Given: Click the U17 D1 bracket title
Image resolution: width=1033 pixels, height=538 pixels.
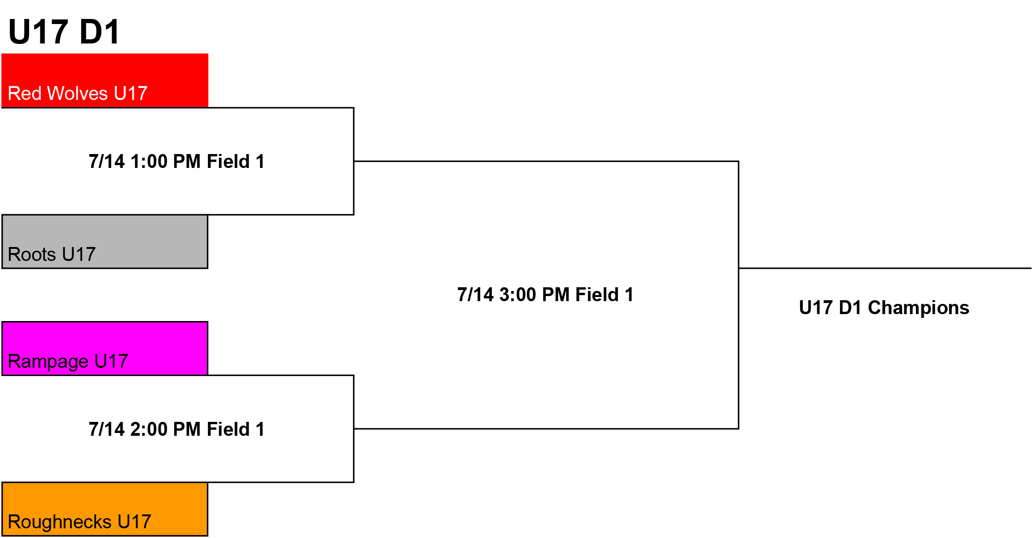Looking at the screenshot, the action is (x=64, y=32).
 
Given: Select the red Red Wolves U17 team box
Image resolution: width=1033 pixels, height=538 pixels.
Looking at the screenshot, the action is (x=105, y=80).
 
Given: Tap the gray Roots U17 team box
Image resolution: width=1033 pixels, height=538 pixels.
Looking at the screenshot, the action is (x=105, y=241).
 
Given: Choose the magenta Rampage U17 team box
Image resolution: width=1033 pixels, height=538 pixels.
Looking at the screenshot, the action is (x=105, y=348).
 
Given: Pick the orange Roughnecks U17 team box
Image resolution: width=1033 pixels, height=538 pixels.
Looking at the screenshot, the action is (x=105, y=509).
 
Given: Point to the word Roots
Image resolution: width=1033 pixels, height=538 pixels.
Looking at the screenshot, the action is (x=32, y=254).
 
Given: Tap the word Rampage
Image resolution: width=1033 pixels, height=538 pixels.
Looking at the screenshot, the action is (x=48, y=362).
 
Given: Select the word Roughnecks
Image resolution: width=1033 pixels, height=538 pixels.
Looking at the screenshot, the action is (x=60, y=522).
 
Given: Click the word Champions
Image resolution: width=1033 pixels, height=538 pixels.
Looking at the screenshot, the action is (x=919, y=308).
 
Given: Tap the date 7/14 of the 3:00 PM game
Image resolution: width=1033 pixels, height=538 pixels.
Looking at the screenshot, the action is (x=476, y=295).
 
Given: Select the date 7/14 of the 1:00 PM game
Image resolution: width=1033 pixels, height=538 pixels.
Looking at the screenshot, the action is (x=107, y=161).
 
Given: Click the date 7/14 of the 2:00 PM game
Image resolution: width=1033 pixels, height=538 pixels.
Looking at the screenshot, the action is (x=107, y=429).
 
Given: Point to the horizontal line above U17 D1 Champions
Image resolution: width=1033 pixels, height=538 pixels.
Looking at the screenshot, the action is (x=885, y=268).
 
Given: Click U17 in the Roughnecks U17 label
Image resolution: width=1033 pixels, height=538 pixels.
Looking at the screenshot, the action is (x=134, y=522).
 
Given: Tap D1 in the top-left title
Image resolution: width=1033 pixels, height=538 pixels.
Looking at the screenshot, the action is (x=100, y=32).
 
